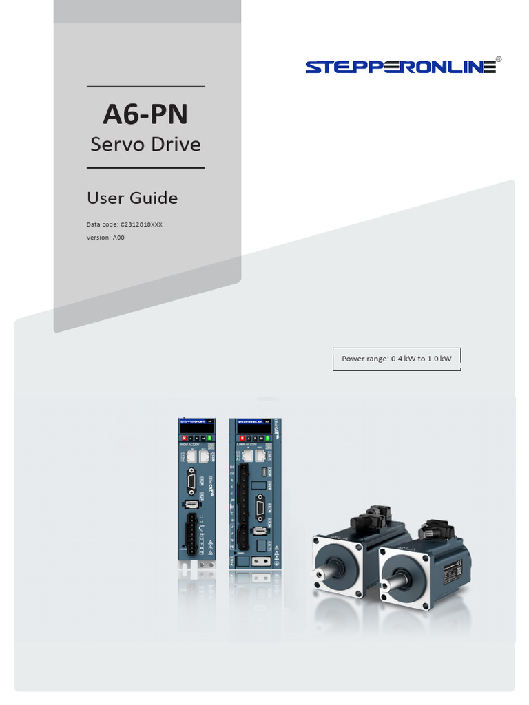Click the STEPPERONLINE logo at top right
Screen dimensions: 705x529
point(400,67)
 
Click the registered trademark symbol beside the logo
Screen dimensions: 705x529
point(499,60)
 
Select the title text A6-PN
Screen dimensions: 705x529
point(145,114)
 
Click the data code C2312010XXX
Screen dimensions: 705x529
point(141,224)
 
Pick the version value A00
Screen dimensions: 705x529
point(118,238)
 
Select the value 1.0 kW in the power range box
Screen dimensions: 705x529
point(439,359)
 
